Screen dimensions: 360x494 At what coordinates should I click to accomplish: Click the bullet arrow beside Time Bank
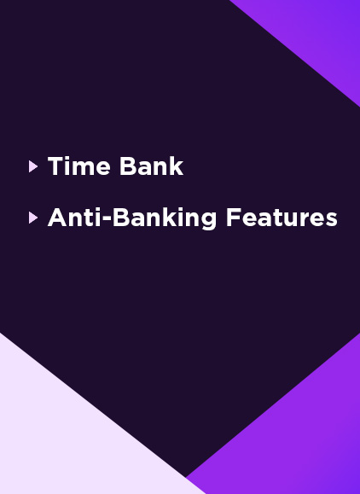click(32, 166)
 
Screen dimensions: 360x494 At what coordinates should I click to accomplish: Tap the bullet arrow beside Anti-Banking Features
click(32, 218)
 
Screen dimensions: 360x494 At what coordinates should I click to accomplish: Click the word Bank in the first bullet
click(152, 166)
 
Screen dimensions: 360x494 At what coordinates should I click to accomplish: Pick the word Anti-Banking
click(132, 218)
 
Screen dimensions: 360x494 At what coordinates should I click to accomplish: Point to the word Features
click(282, 218)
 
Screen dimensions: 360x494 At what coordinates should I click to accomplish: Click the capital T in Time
click(55, 166)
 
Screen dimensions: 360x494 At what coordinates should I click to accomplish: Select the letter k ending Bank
click(176, 166)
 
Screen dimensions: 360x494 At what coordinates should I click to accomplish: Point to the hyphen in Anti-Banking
click(107, 218)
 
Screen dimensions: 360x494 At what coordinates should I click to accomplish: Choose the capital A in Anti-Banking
click(58, 218)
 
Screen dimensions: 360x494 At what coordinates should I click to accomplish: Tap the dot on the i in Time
click(70, 159)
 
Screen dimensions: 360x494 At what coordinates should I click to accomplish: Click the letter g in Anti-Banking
click(207, 221)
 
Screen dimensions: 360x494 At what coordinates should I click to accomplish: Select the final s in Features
click(331, 220)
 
